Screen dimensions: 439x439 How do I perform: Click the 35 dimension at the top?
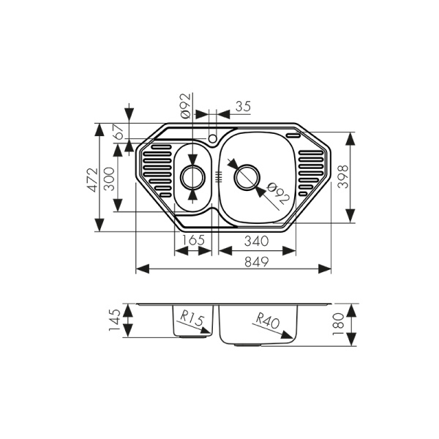[x=242, y=107]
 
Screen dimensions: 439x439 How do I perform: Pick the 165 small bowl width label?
[x=193, y=241]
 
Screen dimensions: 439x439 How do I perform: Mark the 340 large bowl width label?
[x=255, y=241]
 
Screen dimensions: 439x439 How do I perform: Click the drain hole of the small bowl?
[x=193, y=176]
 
